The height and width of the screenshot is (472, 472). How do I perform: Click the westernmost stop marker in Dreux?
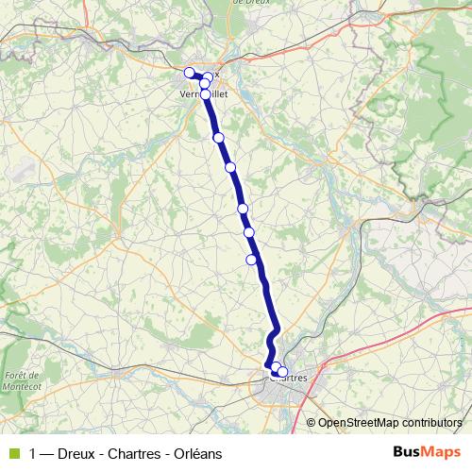click(189, 72)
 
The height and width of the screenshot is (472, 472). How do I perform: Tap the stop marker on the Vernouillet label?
click(206, 93)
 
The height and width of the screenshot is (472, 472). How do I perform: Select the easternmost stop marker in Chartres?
click(282, 372)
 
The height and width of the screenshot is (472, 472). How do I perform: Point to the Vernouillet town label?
click(203, 94)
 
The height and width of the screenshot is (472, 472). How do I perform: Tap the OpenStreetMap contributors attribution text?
click(390, 423)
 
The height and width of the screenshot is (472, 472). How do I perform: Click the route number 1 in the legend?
click(34, 452)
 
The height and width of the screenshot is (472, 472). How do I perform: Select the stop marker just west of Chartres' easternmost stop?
click(275, 369)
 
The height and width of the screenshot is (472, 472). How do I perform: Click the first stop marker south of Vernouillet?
click(219, 138)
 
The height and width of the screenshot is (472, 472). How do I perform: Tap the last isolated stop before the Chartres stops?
click(252, 260)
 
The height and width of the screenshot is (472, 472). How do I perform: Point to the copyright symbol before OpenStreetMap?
click(311, 423)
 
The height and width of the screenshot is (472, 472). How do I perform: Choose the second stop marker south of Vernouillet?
click(230, 167)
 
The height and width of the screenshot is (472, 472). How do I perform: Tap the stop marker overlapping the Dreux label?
click(209, 76)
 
